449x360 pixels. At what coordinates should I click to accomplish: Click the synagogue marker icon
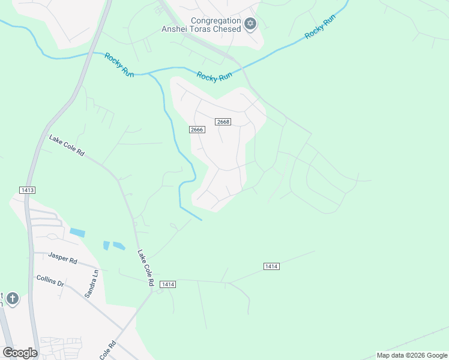(250, 25)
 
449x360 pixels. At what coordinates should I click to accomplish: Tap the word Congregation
(215, 20)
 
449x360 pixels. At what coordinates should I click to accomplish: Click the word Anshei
(175, 29)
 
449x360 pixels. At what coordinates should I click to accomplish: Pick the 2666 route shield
(197, 130)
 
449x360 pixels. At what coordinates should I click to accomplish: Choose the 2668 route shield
(223, 122)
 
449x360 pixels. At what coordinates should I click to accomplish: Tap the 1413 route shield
(27, 190)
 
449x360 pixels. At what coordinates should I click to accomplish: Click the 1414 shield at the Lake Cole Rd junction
(167, 284)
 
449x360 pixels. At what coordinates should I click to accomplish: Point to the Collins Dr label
(50, 279)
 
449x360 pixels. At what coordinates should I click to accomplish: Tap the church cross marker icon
(12, 298)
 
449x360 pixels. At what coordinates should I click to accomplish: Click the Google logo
(20, 352)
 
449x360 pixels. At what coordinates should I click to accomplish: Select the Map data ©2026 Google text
(412, 355)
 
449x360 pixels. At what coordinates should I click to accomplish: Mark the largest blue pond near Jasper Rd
(77, 232)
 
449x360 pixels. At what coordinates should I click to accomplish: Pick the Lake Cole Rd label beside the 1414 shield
(146, 268)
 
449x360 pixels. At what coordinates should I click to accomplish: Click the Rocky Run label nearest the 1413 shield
(119, 65)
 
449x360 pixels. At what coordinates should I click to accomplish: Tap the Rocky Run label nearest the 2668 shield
(214, 76)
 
